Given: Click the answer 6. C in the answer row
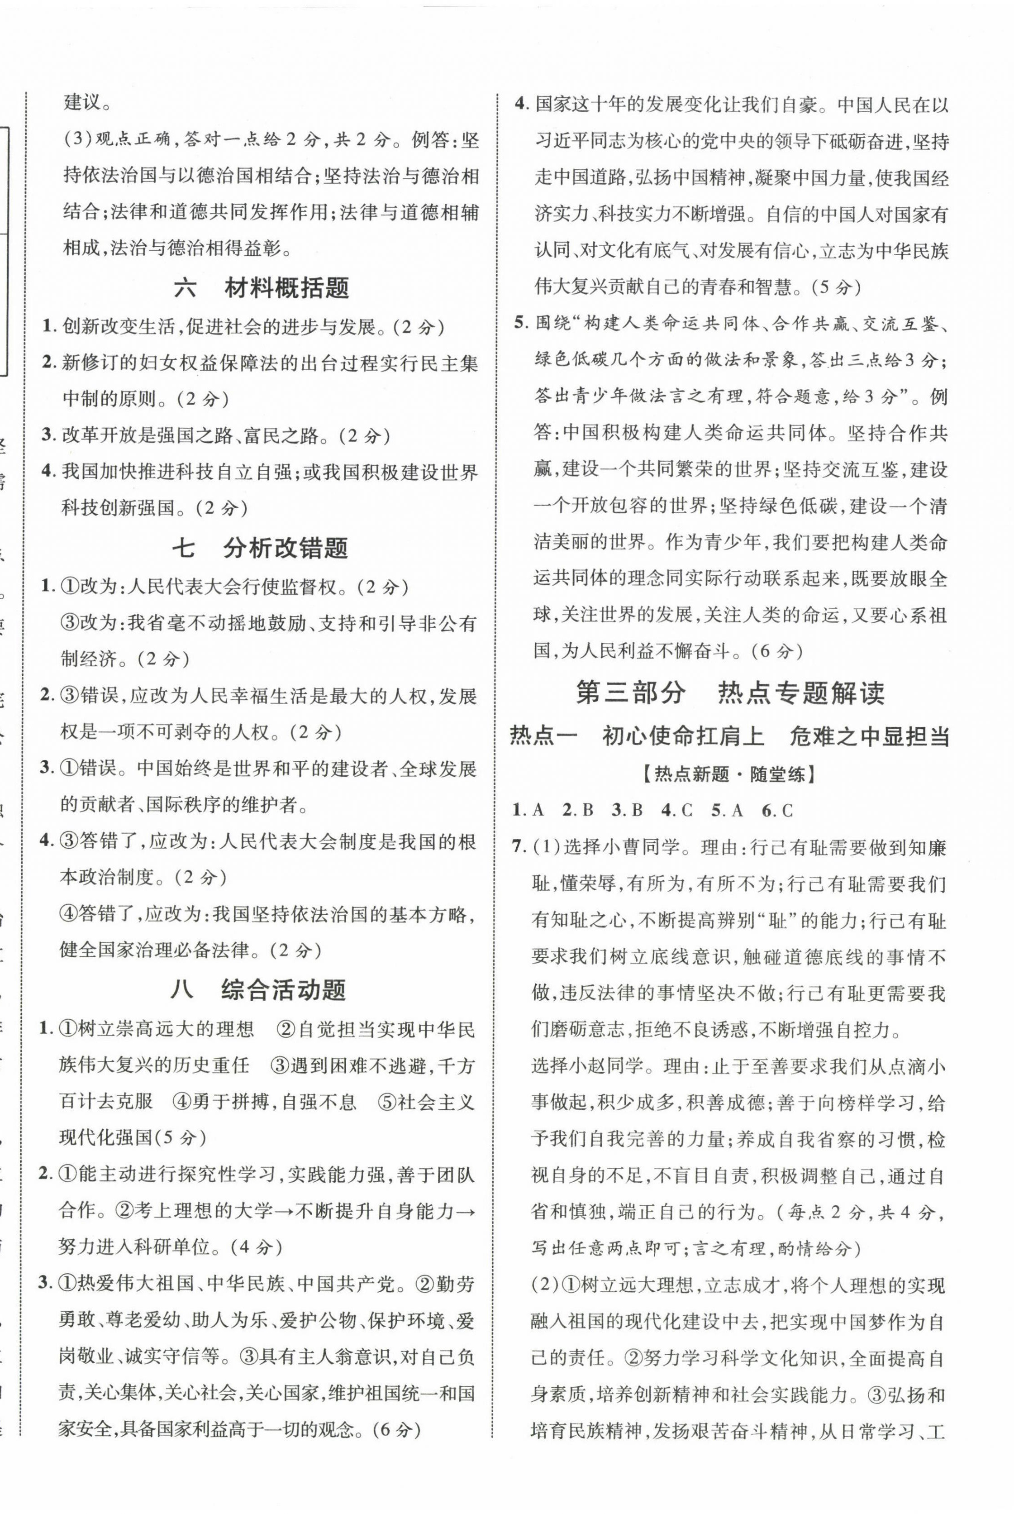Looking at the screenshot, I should [777, 810].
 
